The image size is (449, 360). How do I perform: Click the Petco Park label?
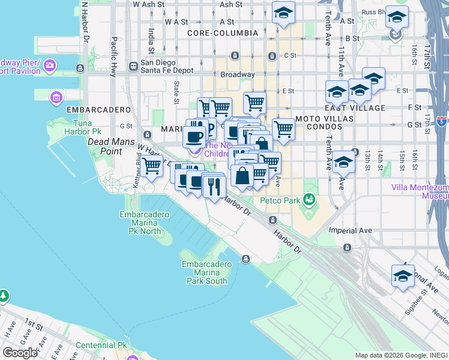(x=280, y=201)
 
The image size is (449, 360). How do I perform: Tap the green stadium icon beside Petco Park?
(x=309, y=199)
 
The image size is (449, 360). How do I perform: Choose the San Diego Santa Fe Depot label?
(x=167, y=66)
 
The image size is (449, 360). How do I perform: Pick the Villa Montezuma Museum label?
(x=420, y=191)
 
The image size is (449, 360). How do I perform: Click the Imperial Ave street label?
(x=351, y=230)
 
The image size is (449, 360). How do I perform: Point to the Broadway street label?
(x=238, y=75)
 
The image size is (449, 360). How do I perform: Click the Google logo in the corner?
(x=20, y=353)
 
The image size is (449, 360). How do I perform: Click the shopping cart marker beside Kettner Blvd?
(x=152, y=165)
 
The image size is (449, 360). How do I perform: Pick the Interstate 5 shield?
(x=441, y=122)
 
